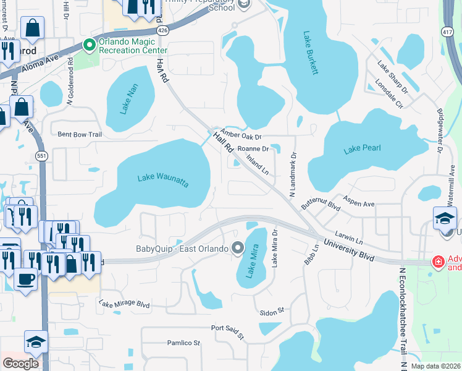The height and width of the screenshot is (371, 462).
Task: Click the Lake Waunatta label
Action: click(162, 181)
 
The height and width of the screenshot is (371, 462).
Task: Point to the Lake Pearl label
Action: click(362, 148)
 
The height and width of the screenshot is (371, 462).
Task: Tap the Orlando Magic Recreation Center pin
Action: click(89, 45)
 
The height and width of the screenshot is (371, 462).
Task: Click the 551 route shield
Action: click(41, 156)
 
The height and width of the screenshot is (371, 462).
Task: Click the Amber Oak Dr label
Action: click(241, 136)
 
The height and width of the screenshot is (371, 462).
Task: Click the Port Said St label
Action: click(228, 331)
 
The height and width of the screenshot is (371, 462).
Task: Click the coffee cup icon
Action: click(25, 279)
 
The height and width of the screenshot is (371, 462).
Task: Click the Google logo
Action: click(20, 364)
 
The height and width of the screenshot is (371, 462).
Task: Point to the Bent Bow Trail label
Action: click(79, 134)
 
